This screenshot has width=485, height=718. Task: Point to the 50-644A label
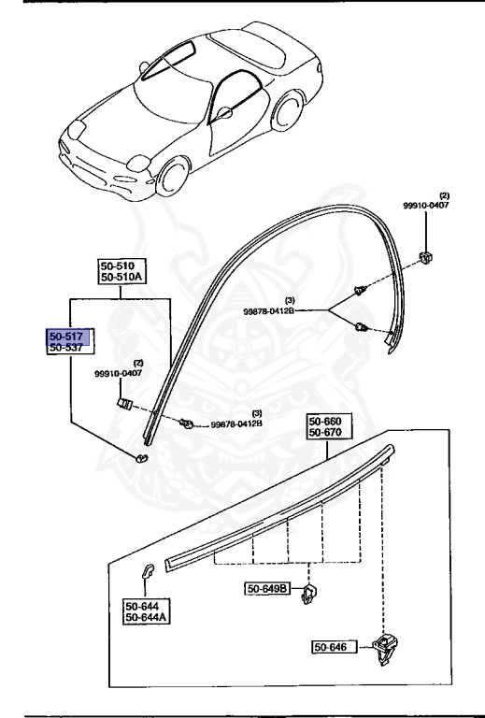146,617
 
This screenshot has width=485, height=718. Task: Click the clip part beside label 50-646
384,648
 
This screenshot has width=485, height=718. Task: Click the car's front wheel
172,178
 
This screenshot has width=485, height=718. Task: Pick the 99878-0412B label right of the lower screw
235,423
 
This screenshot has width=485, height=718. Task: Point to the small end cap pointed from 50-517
142,457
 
